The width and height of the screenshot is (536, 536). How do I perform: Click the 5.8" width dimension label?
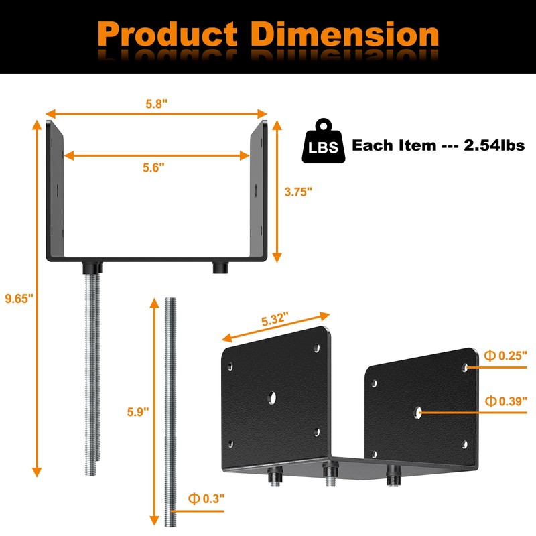157,104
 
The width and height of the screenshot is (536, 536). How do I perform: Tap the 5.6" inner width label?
153,167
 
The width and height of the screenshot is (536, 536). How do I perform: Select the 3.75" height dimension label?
298,192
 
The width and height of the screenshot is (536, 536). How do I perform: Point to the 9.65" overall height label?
19,298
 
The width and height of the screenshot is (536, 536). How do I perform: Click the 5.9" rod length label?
138,412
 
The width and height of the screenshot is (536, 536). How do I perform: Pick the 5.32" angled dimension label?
275,319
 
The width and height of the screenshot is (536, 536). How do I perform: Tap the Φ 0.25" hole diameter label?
506,356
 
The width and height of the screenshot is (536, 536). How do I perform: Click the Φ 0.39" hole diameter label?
506,401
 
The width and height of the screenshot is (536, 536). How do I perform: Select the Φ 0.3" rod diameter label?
206,498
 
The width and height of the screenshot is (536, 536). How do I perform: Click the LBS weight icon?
324,141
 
